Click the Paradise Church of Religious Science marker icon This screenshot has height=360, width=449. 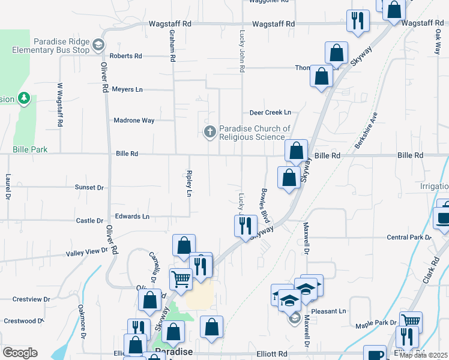pos(209,131)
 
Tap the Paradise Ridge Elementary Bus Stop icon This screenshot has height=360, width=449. pos(98,44)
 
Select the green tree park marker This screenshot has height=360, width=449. pos(24,97)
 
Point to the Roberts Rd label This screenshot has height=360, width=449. pos(125,56)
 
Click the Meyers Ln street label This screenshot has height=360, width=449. pos(127,89)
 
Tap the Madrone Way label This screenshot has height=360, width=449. pos(134,121)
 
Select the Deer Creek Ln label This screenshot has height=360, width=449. pos(270,112)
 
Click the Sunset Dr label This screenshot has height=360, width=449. pos(89,187)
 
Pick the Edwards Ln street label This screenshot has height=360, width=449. pos(132,216)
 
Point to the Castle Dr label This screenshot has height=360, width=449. pos(90,221)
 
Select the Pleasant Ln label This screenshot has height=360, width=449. pos(334,311)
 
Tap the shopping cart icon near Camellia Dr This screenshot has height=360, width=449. pos(181,278)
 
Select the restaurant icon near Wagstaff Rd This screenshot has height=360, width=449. pos(358,20)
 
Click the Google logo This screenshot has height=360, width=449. pos(20,352)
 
